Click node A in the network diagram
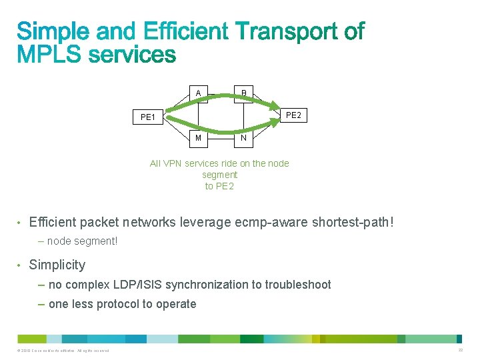point(198,93)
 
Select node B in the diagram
point(243,93)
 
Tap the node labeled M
point(198,138)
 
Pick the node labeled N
point(243,138)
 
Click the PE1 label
point(148,118)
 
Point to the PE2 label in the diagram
point(293,115)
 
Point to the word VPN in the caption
point(173,163)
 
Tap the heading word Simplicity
point(57,265)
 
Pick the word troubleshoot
point(298,285)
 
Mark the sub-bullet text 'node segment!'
point(82,241)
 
